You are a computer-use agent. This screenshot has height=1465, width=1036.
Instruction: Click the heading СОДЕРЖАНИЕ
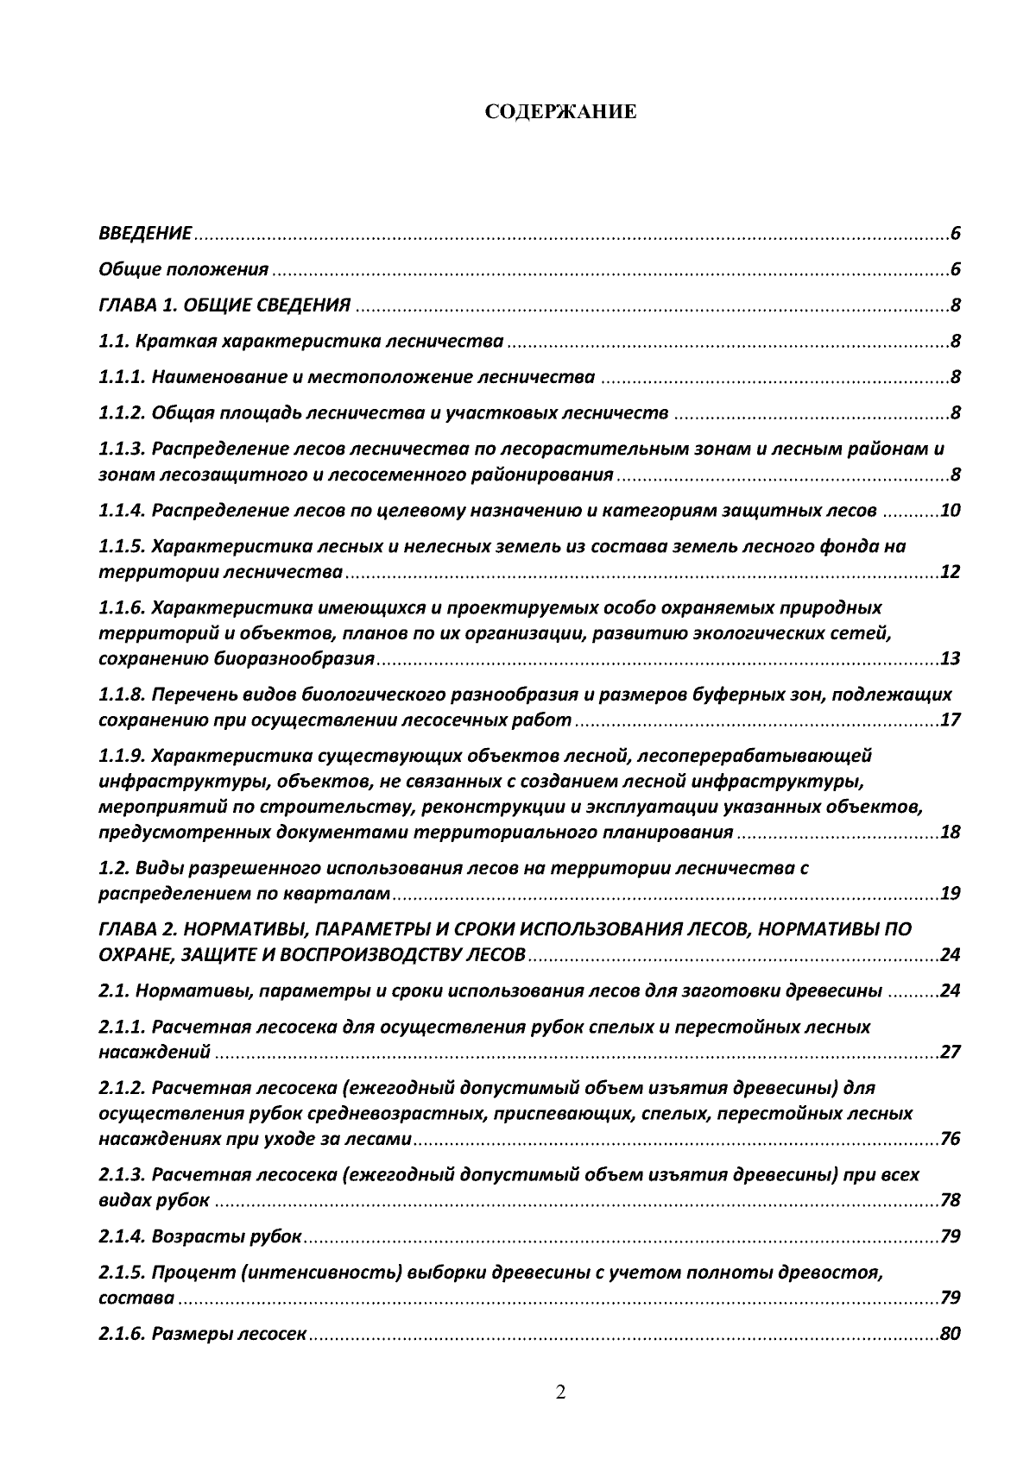(560, 113)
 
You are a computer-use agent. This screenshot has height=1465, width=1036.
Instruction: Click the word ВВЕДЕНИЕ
(145, 234)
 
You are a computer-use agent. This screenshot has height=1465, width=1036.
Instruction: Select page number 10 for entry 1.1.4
(950, 511)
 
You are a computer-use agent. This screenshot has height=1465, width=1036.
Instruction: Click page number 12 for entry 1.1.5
(950, 572)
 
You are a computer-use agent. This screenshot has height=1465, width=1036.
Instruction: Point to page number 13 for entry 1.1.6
(950, 659)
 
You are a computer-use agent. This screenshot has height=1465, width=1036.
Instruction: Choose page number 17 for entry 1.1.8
(950, 720)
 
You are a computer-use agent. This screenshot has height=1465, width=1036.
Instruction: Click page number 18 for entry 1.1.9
(950, 833)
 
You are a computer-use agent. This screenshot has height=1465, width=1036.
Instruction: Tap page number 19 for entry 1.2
(950, 893)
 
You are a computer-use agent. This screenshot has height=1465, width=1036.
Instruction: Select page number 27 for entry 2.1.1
(950, 1052)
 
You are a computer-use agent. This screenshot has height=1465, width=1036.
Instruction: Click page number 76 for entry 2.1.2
(950, 1139)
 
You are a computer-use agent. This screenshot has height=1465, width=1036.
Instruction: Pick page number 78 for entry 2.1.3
(950, 1200)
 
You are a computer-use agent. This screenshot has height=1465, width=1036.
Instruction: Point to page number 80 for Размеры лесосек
(950, 1334)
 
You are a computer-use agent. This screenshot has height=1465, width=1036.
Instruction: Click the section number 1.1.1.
(122, 377)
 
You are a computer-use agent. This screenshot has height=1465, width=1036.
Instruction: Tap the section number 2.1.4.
(122, 1236)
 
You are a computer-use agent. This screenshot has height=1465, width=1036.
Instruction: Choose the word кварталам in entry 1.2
(348, 893)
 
